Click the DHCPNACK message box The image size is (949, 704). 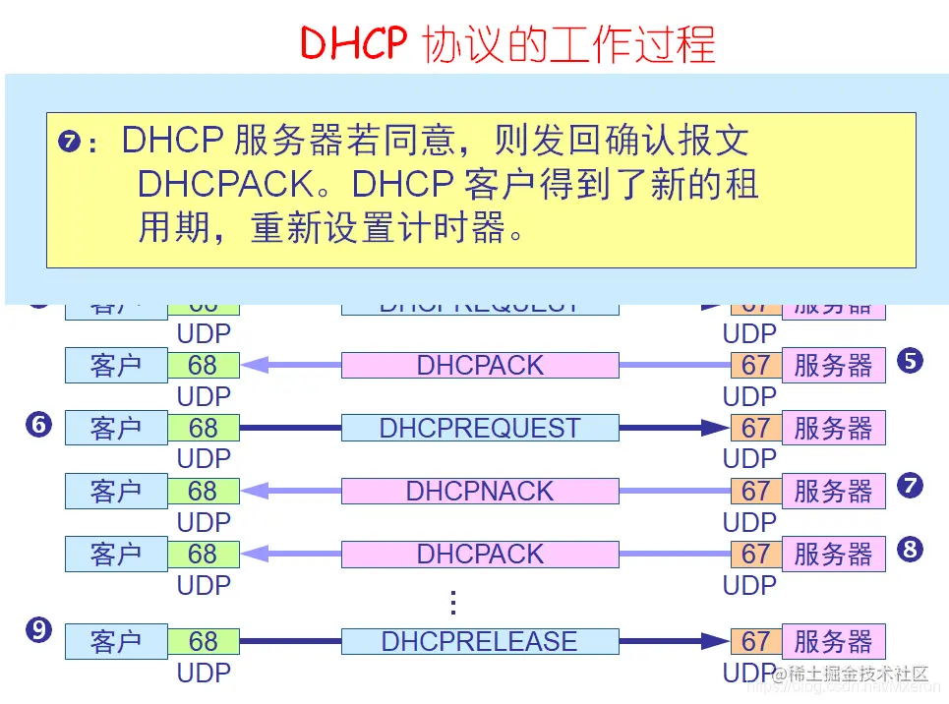(x=480, y=491)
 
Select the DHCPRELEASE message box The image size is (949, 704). (x=480, y=641)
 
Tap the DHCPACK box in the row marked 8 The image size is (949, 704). (x=480, y=554)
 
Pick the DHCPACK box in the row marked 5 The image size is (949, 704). (x=480, y=365)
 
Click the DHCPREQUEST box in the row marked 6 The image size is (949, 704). (x=480, y=428)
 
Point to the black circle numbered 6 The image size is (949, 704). (x=38, y=425)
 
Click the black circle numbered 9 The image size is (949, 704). (x=38, y=630)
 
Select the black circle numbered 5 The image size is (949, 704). (x=910, y=361)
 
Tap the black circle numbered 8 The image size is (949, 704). (x=910, y=549)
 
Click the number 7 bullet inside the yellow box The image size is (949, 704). (x=70, y=142)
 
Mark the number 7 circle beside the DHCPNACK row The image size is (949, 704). (x=910, y=485)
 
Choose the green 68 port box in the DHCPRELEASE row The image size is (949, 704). (x=204, y=641)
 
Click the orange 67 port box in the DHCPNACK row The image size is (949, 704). (x=755, y=491)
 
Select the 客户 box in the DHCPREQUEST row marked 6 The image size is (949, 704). (x=116, y=428)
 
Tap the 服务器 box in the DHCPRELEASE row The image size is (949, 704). (x=833, y=641)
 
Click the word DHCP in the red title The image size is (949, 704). (x=351, y=44)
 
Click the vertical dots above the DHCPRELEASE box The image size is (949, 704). (x=453, y=602)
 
